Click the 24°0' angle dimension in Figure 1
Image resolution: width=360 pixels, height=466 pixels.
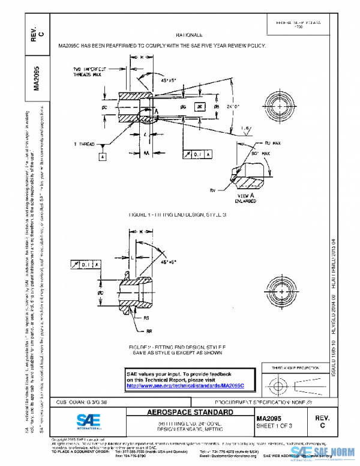coord(233,106)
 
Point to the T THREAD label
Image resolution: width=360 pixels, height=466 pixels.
coord(87,145)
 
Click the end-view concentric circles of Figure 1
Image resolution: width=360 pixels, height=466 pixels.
coord(281,106)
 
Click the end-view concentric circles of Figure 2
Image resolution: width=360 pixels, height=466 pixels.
coord(280,285)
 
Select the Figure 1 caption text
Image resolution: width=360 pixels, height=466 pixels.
coord(176,214)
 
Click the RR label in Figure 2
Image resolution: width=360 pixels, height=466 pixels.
coord(148,331)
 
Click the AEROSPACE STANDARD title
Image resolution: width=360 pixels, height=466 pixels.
coord(191,414)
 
